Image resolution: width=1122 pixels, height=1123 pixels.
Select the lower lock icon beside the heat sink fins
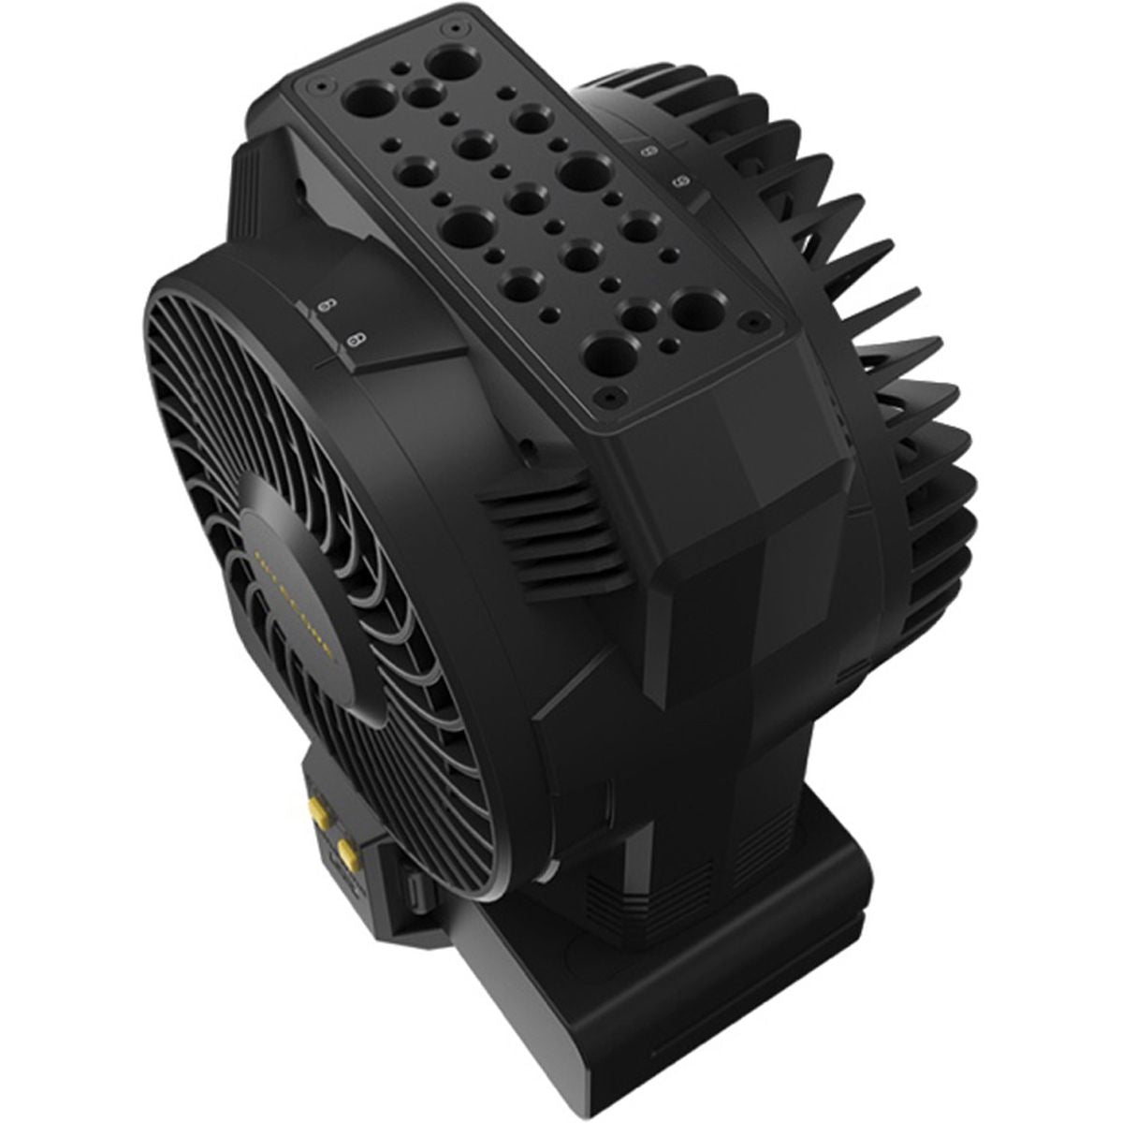pyautogui.click(x=680, y=179)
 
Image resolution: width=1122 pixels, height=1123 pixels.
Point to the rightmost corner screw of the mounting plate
pyautogui.click(x=750, y=321)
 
